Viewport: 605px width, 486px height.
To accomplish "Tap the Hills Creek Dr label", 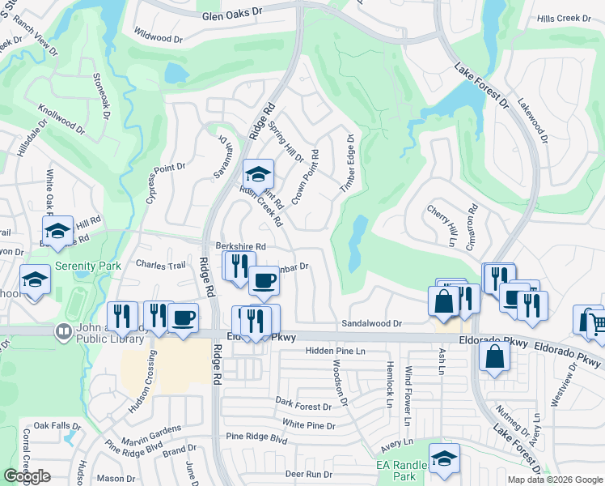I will pos(561,17).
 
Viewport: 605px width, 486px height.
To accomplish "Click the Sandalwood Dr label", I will pos(371,323).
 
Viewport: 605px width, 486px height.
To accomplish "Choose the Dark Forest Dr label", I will pos(303,403).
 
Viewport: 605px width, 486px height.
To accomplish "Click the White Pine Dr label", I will pos(308,424).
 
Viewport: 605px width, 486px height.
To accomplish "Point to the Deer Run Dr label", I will pos(308,474).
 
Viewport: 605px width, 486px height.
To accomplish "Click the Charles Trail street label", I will pos(161,264).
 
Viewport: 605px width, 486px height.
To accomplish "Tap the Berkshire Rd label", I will pos(240,246).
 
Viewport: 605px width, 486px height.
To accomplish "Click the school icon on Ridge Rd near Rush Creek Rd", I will pos(259,173).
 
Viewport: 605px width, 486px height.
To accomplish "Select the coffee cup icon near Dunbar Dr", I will pos(264,281).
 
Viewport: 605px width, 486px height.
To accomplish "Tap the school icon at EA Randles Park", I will pos(444,458).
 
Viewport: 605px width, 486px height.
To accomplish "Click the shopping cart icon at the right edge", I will pos(597,323).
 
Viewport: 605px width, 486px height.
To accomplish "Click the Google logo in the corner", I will pos(27,476).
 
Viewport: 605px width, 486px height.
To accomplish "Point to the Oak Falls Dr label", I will pos(57,425).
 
